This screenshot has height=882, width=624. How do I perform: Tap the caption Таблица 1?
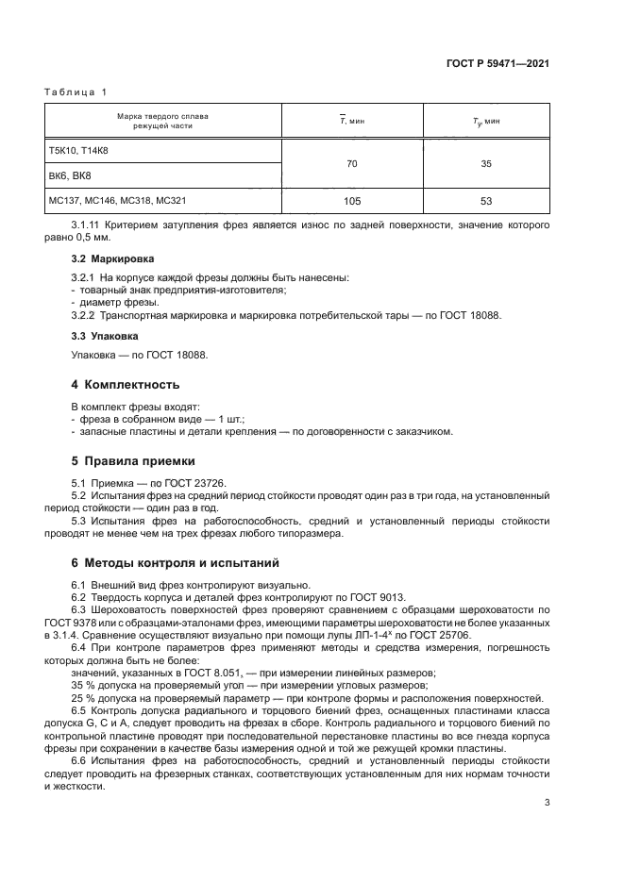[x=76, y=92]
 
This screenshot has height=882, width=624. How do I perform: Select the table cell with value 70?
[x=351, y=163]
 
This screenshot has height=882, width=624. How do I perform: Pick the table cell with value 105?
[x=351, y=201]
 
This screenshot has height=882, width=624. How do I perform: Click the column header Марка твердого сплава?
[x=162, y=116]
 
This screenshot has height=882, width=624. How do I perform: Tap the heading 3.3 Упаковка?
[x=105, y=335]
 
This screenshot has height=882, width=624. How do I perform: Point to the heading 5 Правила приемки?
[x=133, y=461]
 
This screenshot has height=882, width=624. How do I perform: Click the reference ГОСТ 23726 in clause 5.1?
[x=194, y=483]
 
